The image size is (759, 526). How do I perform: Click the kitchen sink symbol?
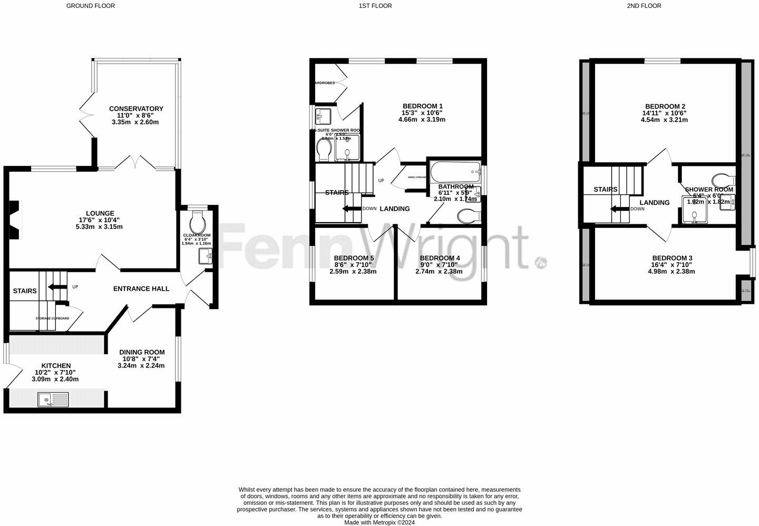click(53, 400)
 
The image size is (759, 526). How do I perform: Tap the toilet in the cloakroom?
click(198, 219)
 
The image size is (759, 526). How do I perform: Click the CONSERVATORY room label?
click(137, 108)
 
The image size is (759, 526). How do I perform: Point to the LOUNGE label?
click(100, 213)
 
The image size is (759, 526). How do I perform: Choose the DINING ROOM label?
click(141, 352)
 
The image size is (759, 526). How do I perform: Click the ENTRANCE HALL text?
click(141, 289)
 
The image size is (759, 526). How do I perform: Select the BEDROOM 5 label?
click(354, 258)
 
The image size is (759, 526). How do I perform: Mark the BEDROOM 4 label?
click(440, 258)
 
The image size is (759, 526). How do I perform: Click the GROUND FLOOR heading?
click(90, 6)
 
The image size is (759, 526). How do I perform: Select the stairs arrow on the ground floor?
click(54, 287)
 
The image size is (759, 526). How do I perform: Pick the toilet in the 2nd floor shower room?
click(721, 178)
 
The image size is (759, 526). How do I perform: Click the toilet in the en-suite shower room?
click(324, 151)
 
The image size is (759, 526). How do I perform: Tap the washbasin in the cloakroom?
click(205, 256)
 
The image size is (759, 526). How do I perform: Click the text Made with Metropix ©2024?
click(379, 523)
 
